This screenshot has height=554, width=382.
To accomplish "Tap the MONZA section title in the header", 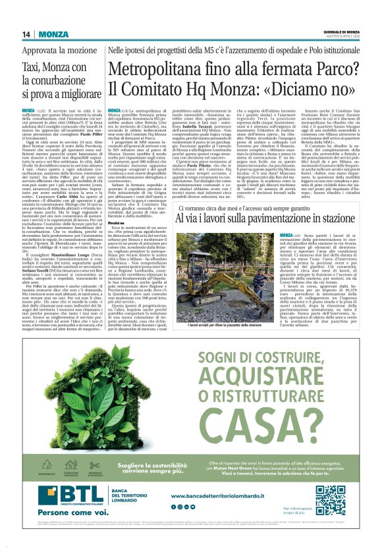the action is point(53,34).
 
